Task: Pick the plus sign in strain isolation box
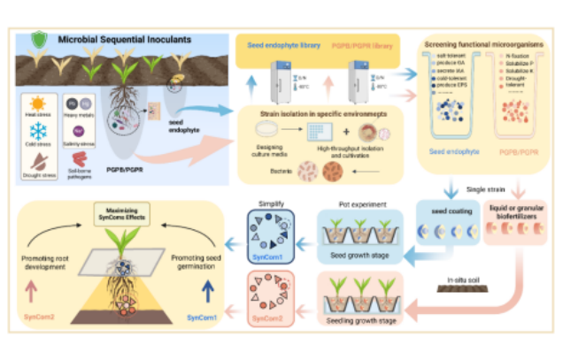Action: coord(345,131)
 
